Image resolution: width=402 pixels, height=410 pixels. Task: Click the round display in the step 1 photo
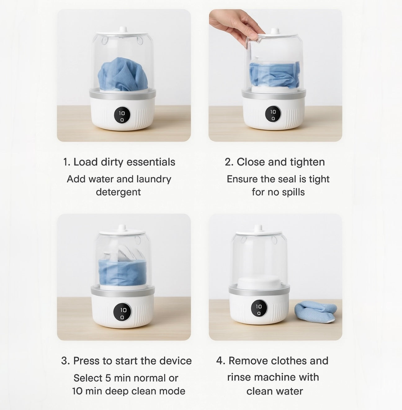pyautogui.click(x=122, y=116)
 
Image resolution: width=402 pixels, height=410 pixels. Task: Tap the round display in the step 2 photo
pyautogui.click(x=273, y=115)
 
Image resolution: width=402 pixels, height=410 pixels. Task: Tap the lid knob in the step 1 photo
pyautogui.click(x=123, y=30)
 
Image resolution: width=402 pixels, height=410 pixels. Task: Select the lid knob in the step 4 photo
pyautogui.click(x=258, y=228)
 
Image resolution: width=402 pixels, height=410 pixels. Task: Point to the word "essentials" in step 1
pyautogui.click(x=151, y=162)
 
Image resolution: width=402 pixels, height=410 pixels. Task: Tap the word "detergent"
pyautogui.click(x=118, y=192)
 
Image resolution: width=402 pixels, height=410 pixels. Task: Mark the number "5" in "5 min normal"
pyautogui.click(x=108, y=378)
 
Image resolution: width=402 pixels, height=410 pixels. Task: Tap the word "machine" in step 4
pyautogui.click(x=275, y=377)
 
